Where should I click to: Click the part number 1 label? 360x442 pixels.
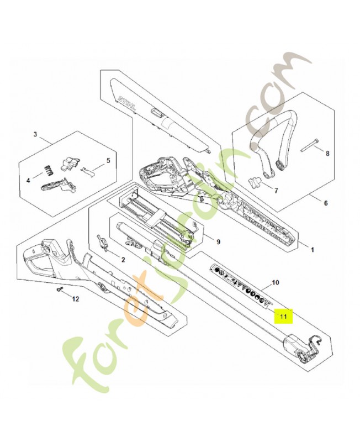pyautogui.click(x=312, y=250)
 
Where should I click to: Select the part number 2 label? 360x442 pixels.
pyautogui.click(x=123, y=259)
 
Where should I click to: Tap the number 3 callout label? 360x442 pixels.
pyautogui.click(x=35, y=134)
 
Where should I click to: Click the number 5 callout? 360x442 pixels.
pyautogui.click(x=108, y=161)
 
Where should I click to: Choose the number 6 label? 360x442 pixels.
pyautogui.click(x=325, y=203)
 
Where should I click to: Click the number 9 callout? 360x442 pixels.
pyautogui.click(x=218, y=241)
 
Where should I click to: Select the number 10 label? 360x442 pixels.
pyautogui.click(x=276, y=283)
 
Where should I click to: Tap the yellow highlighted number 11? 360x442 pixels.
pyautogui.click(x=284, y=317)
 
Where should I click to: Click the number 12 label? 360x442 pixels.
pyautogui.click(x=76, y=299)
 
